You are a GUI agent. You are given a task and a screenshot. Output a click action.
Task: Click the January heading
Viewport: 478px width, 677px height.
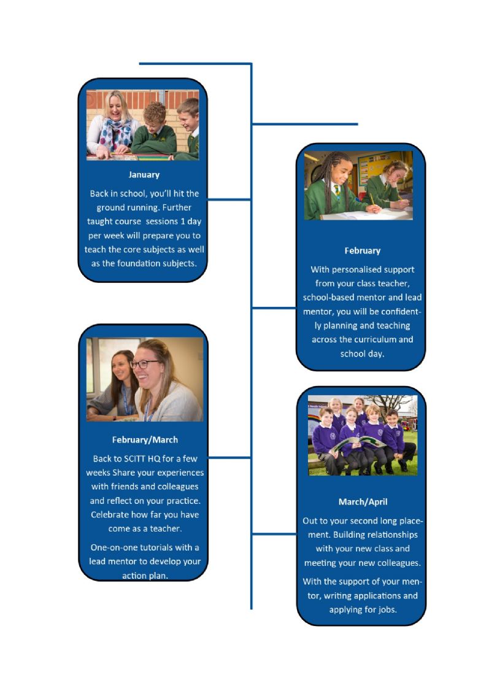[144, 175]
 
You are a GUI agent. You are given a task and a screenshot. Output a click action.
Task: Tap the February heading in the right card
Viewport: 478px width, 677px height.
[362, 251]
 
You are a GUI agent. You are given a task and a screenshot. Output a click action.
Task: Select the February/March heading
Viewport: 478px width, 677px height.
[145, 440]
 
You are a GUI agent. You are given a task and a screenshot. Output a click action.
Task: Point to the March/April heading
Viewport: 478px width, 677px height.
[363, 502]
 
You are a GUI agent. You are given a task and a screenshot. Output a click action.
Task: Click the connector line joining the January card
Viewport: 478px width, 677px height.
[229, 199]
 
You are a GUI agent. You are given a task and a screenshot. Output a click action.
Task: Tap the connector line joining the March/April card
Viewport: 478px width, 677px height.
[274, 534]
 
